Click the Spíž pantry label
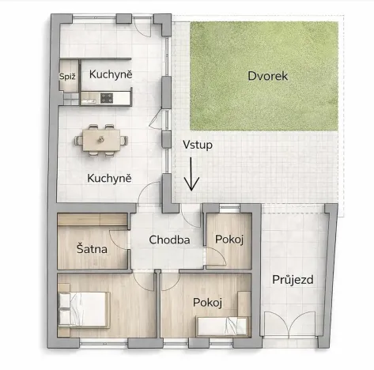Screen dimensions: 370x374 pos(66,76)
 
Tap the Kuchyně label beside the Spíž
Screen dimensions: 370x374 pos(110,74)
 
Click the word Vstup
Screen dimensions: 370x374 pos(197,145)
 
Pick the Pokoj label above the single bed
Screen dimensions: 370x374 pos(207,302)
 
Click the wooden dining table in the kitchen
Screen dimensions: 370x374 pos(101,140)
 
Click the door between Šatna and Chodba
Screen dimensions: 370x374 pos(120,245)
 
